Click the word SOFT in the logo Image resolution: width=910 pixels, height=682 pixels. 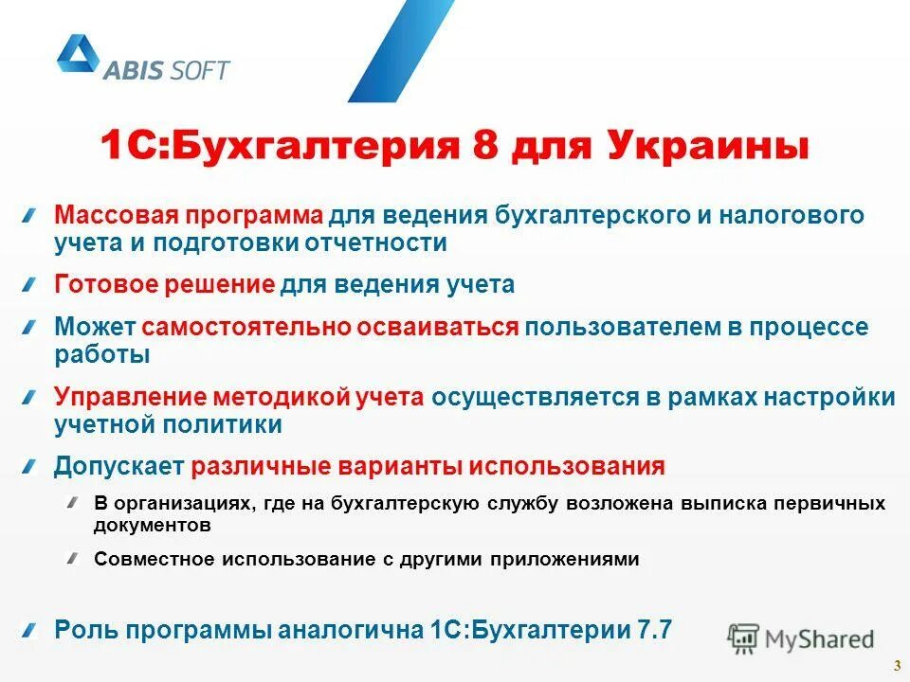(x=201, y=70)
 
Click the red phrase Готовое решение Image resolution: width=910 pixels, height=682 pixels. (x=165, y=284)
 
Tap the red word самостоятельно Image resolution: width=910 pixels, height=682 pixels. (x=248, y=327)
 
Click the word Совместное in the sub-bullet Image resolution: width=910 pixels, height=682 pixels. (x=155, y=559)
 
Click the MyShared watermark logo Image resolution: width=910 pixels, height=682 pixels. (x=801, y=637)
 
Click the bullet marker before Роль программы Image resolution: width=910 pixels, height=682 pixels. (x=32, y=629)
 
